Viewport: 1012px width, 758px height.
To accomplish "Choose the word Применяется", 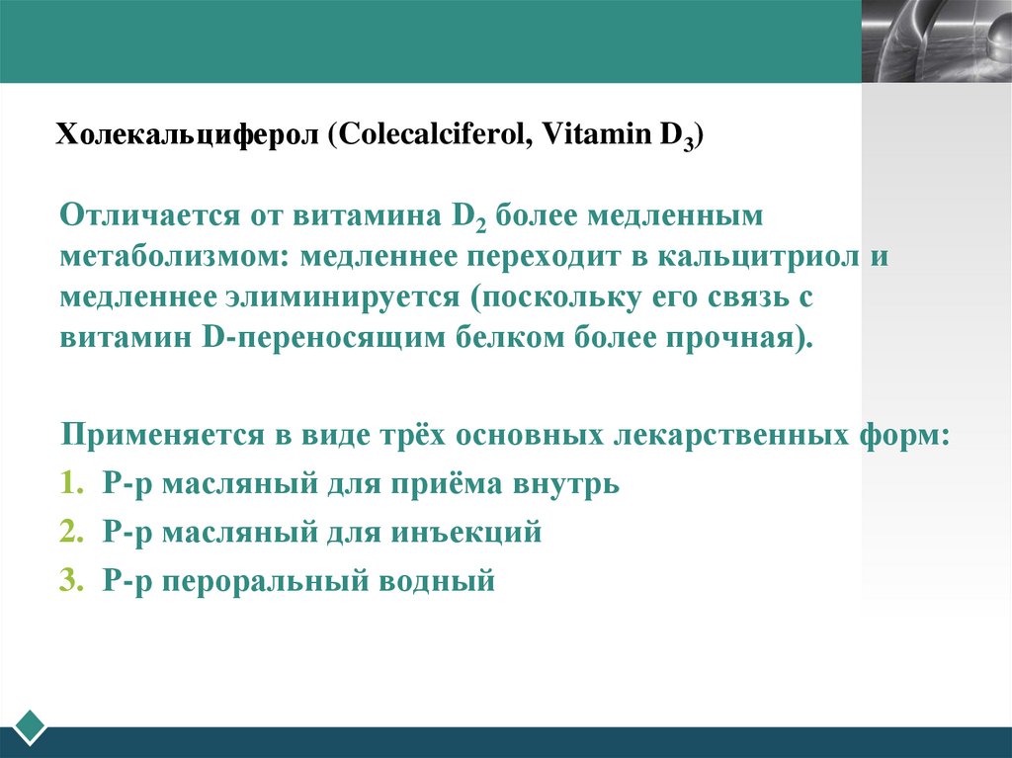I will tap(164, 435).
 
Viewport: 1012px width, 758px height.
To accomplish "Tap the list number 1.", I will tap(68, 484).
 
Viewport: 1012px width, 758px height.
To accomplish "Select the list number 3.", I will tap(68, 581).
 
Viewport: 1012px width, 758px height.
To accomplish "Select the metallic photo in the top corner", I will tap(936, 41).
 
